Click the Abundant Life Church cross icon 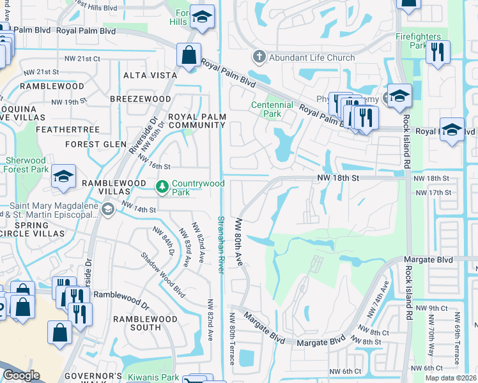point(259,57)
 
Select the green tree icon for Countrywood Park point(163,187)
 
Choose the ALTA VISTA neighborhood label point(150,75)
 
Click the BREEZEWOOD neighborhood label point(140,100)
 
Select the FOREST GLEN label point(95,144)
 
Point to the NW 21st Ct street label point(80,59)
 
